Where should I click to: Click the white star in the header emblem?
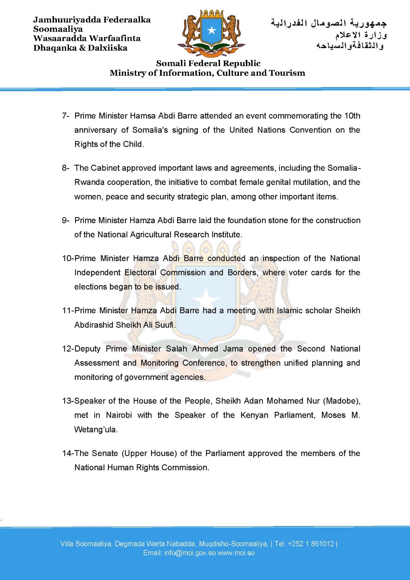point(212,30)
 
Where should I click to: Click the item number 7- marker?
point(65,116)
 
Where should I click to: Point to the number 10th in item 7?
point(352,116)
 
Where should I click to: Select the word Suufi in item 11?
point(164,325)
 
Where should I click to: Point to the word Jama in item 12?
point(233,349)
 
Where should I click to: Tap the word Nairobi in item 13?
point(119,415)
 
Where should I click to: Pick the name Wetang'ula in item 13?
point(96,430)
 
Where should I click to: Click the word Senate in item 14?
point(105,453)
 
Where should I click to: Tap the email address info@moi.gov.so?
point(190,553)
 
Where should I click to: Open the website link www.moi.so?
point(236,553)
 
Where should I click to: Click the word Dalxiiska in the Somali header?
point(108,48)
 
